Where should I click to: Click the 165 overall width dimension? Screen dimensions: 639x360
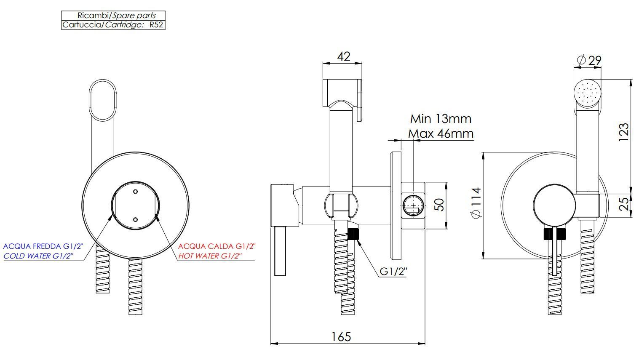point(341,337)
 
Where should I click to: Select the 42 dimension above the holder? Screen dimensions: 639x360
point(344,56)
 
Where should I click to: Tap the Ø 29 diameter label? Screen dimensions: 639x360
point(589,61)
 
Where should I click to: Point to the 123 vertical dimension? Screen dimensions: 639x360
point(623,132)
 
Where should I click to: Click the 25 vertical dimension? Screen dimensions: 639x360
point(624,204)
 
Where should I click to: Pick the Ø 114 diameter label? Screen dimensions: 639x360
point(476,203)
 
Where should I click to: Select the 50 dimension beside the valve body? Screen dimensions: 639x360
point(439,205)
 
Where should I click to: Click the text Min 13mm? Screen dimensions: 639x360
point(441,119)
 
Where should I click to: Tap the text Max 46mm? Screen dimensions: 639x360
point(441,133)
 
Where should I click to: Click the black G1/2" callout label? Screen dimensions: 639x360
point(393,271)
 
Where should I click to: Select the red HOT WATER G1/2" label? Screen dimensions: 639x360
point(210,256)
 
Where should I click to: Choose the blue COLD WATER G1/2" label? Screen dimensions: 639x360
point(38,256)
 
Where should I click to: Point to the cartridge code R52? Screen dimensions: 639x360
point(156,25)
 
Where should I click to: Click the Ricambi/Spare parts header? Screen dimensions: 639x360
point(117,16)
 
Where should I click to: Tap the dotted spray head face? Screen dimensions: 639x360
point(587,93)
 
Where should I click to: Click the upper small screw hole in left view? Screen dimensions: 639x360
point(136,192)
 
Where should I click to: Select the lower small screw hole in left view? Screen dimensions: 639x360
point(136,219)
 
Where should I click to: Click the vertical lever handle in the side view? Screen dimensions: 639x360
point(280,251)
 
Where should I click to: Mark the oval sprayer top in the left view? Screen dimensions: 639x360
point(103,100)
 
